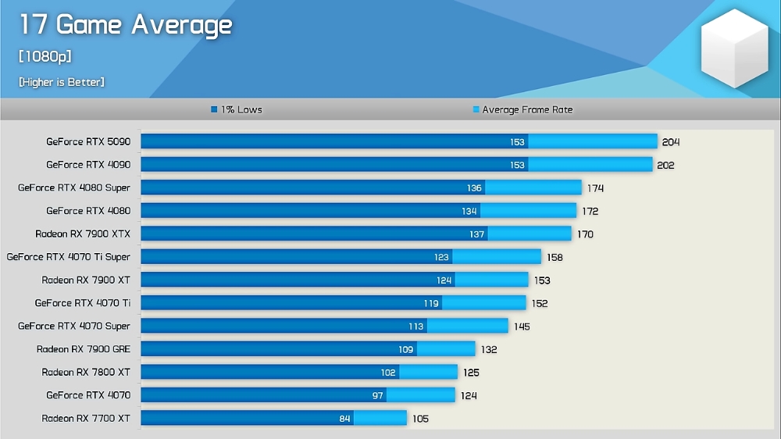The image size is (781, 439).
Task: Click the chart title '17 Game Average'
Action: coord(125,25)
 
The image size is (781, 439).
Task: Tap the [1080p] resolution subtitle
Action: coord(45,56)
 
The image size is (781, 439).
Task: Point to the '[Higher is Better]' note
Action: coord(62,82)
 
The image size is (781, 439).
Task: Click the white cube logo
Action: coord(734,48)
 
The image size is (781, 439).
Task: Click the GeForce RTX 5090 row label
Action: coord(88,142)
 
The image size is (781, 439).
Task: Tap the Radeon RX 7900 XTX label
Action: coord(83,234)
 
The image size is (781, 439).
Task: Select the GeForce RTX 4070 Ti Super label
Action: coord(69,257)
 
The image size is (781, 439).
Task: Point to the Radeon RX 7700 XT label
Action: coord(86,419)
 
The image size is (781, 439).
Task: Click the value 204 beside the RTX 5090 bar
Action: coord(671,142)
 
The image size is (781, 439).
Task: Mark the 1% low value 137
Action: coord(476,234)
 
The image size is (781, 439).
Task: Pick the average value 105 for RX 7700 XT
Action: coord(420,419)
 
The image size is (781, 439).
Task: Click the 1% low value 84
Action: coord(345,419)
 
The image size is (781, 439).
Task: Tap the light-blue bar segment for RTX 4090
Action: coord(590,165)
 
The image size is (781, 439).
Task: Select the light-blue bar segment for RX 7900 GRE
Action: coord(446,349)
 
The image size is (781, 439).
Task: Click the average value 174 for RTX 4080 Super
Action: coord(595,188)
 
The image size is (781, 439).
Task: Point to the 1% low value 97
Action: coord(378,396)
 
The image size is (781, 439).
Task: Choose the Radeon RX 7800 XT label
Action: coord(86,373)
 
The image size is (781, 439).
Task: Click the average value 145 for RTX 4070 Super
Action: coord(522,327)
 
